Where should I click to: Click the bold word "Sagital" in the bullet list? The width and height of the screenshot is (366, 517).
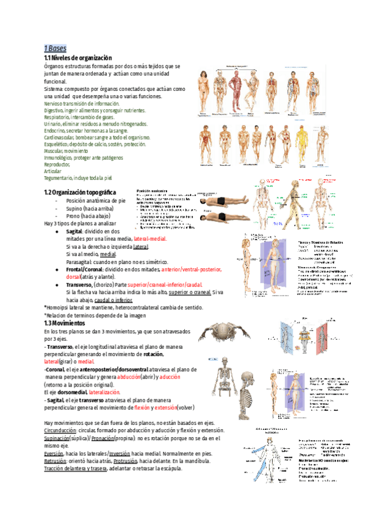tap(74, 232)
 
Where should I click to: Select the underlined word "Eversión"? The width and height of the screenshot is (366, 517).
tap(55, 454)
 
